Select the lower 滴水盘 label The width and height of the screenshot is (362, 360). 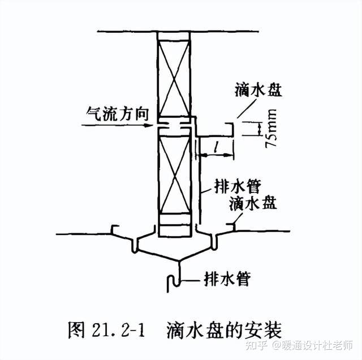(253, 203)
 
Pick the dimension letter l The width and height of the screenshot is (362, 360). (217, 148)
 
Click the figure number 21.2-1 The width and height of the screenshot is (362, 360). (115, 329)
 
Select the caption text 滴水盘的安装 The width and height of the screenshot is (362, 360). (223, 329)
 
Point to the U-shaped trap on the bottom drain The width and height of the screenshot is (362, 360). (174, 281)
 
